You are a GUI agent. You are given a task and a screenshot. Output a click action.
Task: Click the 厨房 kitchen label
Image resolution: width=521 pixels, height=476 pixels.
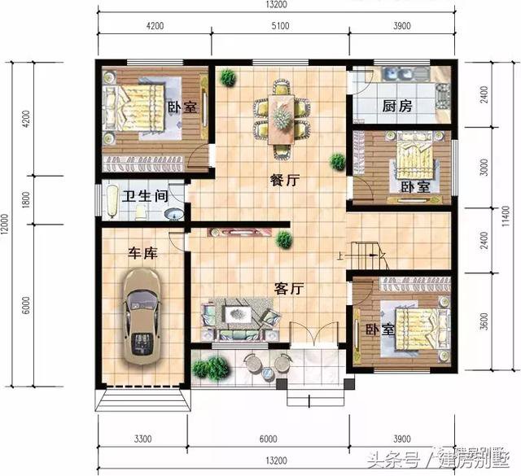[396, 106]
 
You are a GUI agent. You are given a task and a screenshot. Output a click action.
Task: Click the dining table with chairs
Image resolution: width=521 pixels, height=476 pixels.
[282, 119]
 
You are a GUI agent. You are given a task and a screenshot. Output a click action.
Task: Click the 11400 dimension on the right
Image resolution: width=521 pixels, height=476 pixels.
[508, 216]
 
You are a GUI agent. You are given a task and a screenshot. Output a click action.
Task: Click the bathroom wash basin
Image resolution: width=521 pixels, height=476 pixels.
[173, 214]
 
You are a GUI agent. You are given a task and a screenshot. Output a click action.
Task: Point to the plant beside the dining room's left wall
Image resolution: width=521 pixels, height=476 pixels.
[227, 78]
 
